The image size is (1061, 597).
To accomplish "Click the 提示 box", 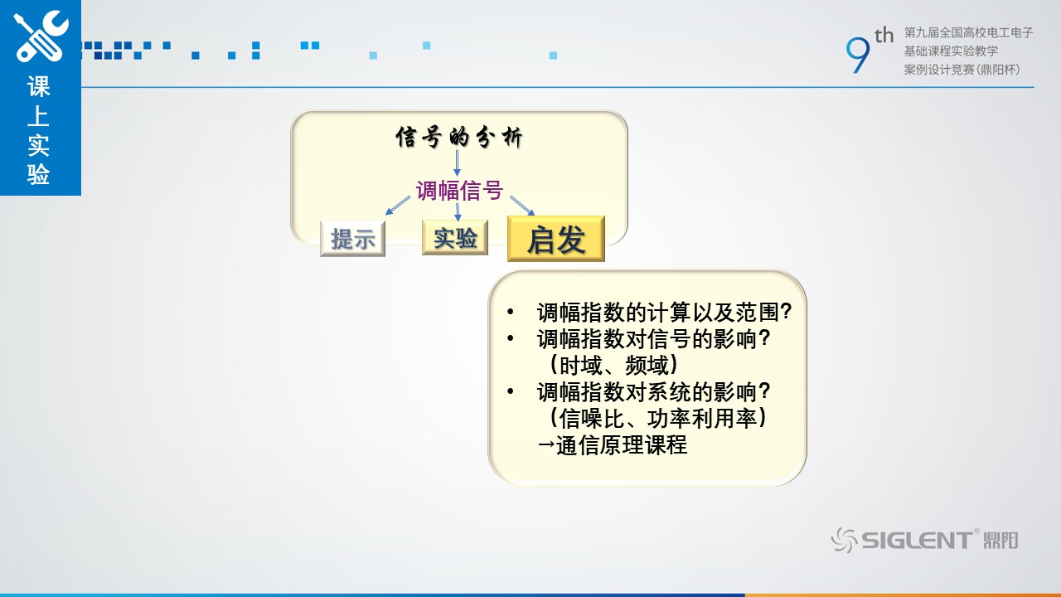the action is pos(352,239).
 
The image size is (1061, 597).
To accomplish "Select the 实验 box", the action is pos(455,237).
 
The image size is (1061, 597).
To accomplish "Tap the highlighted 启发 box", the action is pos(556,239).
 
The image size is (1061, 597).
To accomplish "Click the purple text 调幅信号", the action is pos(459,191).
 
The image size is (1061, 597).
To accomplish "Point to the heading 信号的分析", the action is pos(459,138).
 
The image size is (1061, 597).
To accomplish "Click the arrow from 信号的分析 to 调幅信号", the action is pos(457,163).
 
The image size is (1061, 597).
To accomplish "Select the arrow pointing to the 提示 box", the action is pos(398,206).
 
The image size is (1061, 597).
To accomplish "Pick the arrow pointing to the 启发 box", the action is pos(522,206).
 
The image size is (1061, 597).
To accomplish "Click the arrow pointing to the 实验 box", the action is pos(458,211).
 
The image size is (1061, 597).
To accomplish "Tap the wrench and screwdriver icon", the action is pos(41,36).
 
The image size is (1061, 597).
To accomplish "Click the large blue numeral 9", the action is pos(858,55).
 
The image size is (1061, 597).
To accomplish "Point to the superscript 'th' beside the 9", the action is pos(884,35).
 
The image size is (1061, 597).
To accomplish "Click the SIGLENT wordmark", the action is pos(917,540).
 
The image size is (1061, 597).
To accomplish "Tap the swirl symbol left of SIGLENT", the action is pos(845,540).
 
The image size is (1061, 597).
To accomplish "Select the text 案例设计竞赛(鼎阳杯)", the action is pos(962,70).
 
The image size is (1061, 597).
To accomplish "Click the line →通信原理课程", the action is pos(612,445).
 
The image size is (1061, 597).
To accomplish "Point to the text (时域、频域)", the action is pos(614,366).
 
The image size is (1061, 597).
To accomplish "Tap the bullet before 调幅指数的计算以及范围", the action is pos(510,312).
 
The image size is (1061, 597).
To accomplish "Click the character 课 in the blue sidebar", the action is pos(38,86).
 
